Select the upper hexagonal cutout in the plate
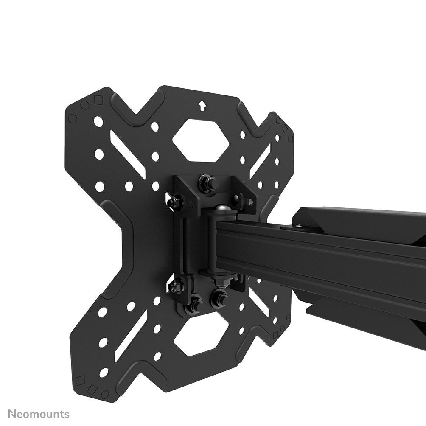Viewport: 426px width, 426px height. click(x=201, y=140)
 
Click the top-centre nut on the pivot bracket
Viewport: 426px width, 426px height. click(x=208, y=184)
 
